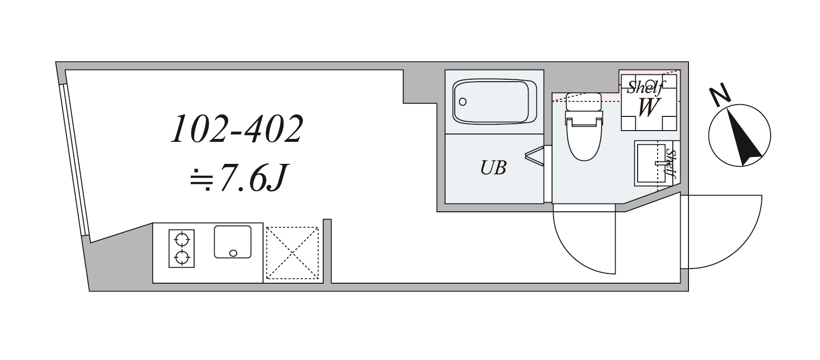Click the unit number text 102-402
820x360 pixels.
[x=237, y=129]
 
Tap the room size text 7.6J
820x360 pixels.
[x=253, y=178]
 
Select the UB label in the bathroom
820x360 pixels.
[x=493, y=168]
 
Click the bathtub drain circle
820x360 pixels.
[x=463, y=102]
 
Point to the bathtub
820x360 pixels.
[x=494, y=101]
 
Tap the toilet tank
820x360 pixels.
[x=583, y=102]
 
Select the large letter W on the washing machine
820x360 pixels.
[x=647, y=108]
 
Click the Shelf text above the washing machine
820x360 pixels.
[x=646, y=87]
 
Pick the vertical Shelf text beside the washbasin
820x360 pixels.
[x=671, y=163]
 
